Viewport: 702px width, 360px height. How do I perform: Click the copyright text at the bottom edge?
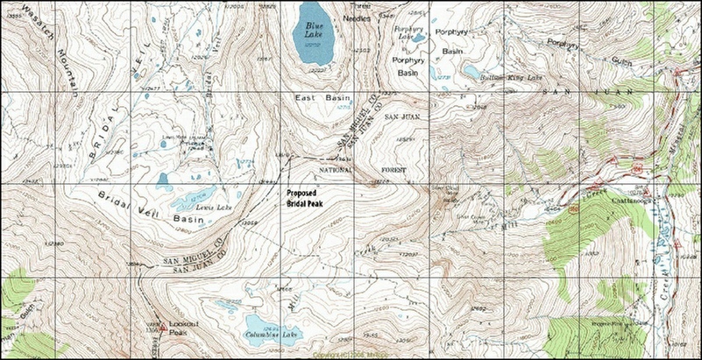(x=350, y=355)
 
